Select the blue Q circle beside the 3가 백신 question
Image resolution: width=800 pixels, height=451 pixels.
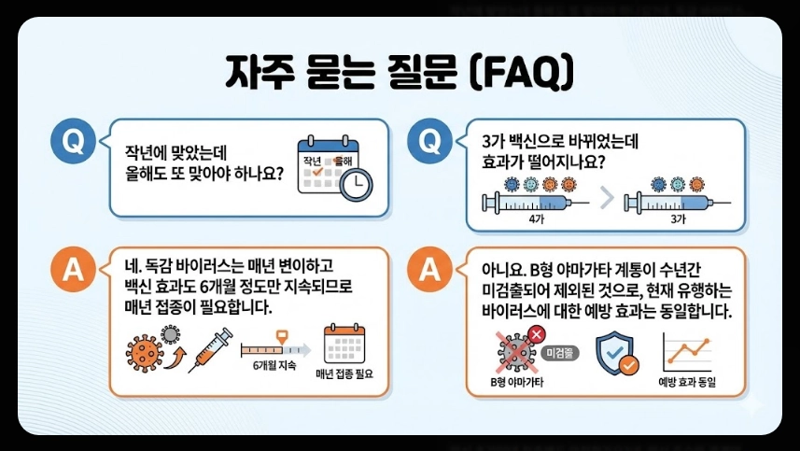pos(429,142)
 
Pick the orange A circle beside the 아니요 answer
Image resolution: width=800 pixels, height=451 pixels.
pos(429,270)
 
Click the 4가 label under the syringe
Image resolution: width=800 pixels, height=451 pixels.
pos(536,218)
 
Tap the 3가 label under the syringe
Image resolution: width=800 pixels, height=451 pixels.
pos(680,218)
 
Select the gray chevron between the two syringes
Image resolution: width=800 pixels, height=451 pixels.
pos(608,197)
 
